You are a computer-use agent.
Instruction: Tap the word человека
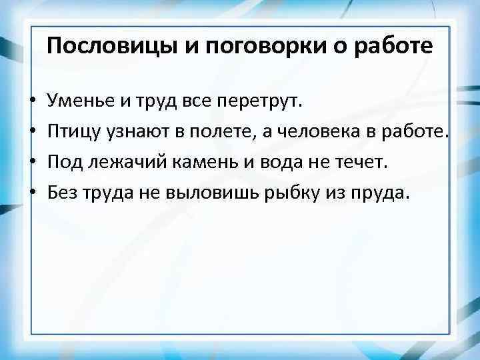[313, 132]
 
